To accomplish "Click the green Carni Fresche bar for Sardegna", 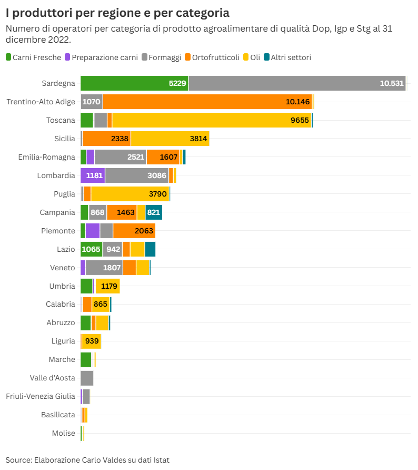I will pyautogui.click(x=134, y=83).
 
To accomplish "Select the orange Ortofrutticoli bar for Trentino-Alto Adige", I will pyautogui.click(x=207, y=102).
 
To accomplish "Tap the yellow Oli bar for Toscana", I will pyautogui.click(x=212, y=120).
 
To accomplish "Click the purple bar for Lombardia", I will pyautogui.click(x=93, y=175).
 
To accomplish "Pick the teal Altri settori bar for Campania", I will pyautogui.click(x=154, y=212).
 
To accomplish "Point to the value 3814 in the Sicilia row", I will pyautogui.click(x=199, y=139).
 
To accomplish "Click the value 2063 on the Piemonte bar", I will pyautogui.click(x=144, y=231).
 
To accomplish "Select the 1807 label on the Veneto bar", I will pyautogui.click(x=112, y=268).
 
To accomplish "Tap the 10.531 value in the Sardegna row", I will pyautogui.click(x=391, y=83).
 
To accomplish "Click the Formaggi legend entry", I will pyautogui.click(x=164, y=57).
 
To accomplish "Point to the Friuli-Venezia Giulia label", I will pyautogui.click(x=40, y=396).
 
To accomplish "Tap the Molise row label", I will pyautogui.click(x=63, y=433).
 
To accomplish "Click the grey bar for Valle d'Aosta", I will pyautogui.click(x=87, y=378).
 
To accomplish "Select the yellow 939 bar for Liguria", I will pyautogui.click(x=92, y=341).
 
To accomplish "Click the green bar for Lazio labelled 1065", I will pyautogui.click(x=91, y=249).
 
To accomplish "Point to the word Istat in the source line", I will pyautogui.click(x=160, y=459).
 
